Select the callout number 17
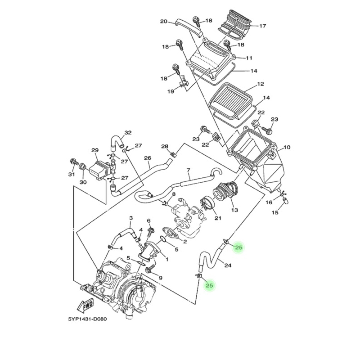pos(263,26)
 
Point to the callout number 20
pos(164,22)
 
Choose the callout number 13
pos(234,210)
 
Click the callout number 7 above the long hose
pos(189,171)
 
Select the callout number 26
pos(147,158)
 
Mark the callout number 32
pos(128,133)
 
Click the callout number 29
pos(94,150)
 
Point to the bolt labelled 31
pos(72,161)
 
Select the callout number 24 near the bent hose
pos(228,265)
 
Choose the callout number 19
pos(171,91)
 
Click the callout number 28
pos(165,147)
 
